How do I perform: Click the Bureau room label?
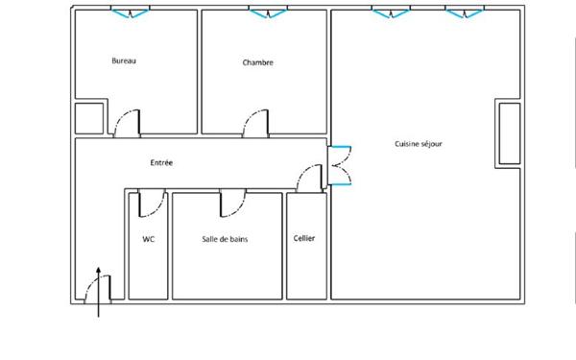(x=125, y=61)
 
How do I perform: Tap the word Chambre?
(x=258, y=63)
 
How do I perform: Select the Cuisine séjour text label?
(x=419, y=144)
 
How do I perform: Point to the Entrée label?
(x=161, y=163)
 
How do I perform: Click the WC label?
(x=149, y=239)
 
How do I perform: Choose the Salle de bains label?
(x=225, y=239)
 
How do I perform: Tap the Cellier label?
(x=303, y=238)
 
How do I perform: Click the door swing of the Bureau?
(x=128, y=123)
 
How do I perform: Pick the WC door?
(x=150, y=203)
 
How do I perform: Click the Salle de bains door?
(x=232, y=203)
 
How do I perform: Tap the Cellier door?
(x=310, y=179)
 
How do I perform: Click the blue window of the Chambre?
(x=266, y=13)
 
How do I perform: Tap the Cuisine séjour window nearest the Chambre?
(x=389, y=13)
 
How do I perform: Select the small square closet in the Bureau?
(x=89, y=118)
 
